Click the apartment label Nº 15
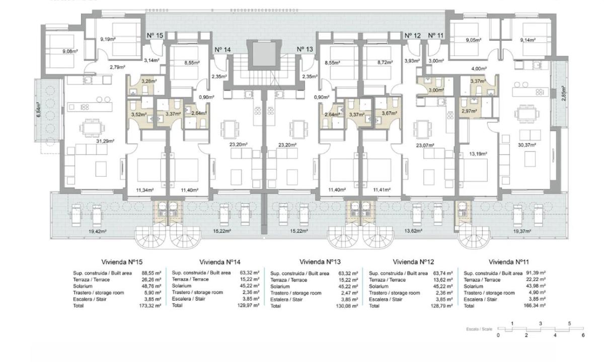tap(155, 36)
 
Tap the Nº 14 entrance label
tap(222, 49)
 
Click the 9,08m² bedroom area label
tap(70, 51)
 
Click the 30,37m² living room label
tap(527, 144)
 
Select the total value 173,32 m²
tap(152, 306)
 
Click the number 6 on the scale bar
tap(583, 335)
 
